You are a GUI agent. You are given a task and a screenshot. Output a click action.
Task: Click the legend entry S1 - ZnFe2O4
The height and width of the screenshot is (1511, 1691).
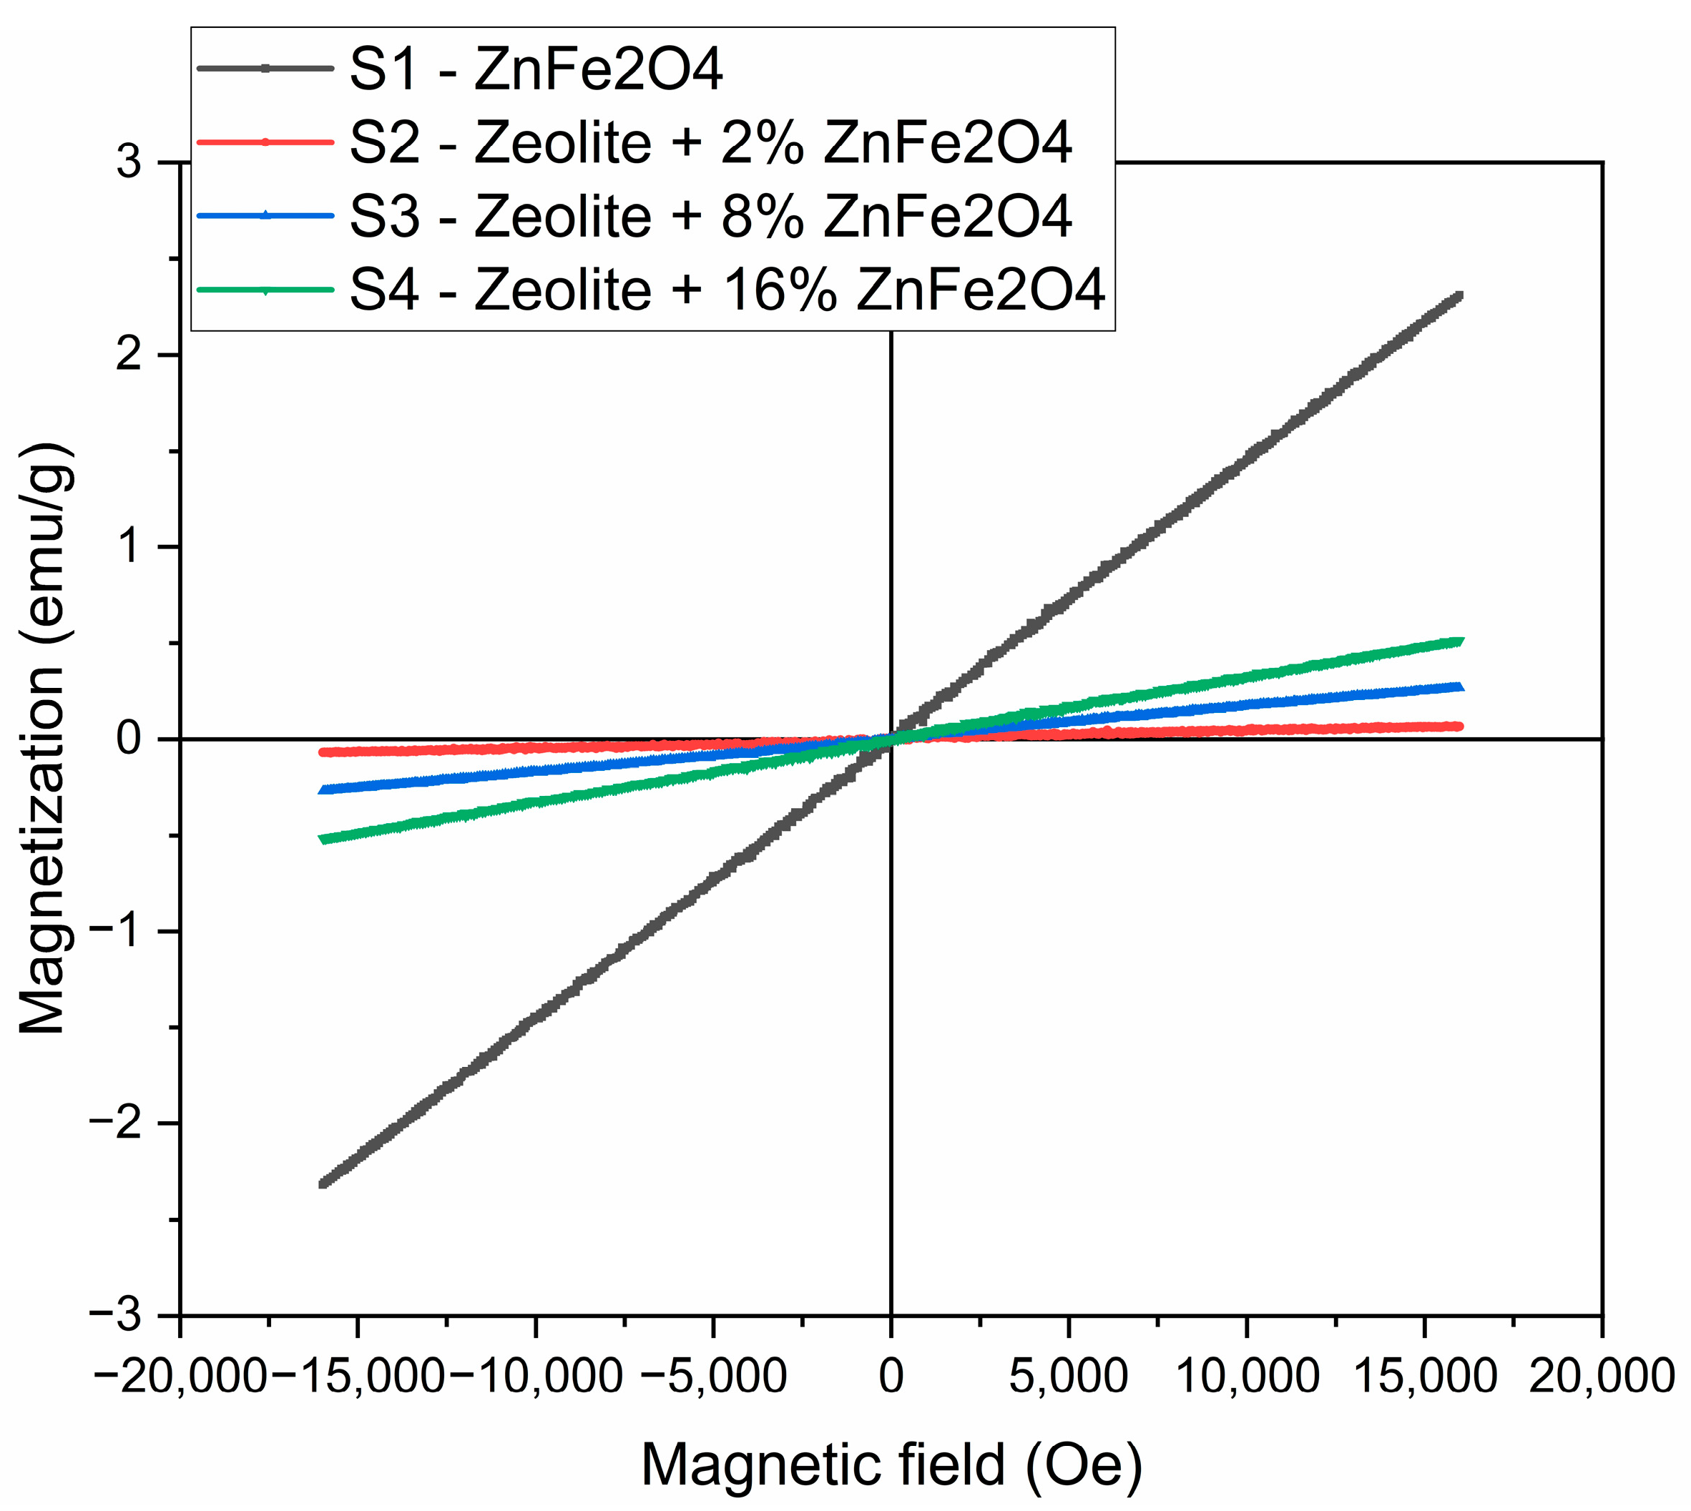(x=536, y=70)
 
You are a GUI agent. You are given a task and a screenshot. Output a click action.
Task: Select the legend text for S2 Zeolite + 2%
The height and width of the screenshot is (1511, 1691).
(x=710, y=143)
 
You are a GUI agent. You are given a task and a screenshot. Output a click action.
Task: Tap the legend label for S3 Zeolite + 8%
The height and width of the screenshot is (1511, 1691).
(x=710, y=216)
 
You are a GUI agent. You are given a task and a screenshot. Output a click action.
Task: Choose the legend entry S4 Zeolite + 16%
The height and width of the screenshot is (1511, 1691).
(x=727, y=290)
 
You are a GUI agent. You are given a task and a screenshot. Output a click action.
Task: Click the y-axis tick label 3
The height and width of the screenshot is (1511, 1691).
(x=129, y=162)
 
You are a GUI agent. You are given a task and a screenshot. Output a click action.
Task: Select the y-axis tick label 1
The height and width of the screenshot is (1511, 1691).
(x=129, y=547)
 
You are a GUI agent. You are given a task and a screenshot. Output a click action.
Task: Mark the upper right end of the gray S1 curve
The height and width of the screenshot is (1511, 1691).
(x=1459, y=296)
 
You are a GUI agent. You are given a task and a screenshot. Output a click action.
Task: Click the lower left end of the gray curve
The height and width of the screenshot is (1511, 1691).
(x=324, y=1182)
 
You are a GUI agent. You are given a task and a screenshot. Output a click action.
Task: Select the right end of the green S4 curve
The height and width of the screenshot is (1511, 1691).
(x=1459, y=641)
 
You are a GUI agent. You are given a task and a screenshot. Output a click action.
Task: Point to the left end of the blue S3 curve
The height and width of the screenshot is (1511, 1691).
(x=324, y=789)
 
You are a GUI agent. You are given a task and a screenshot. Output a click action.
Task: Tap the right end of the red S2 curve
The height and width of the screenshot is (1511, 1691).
(x=1459, y=727)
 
